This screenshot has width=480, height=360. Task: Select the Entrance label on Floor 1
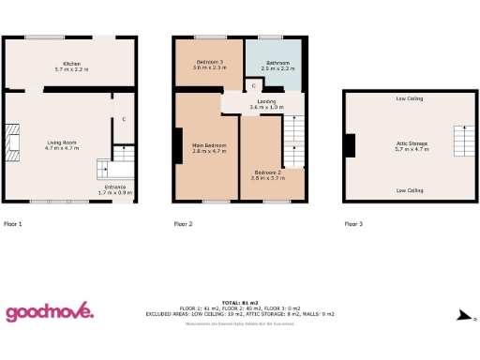click(115, 189)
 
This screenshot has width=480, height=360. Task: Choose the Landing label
click(265, 104)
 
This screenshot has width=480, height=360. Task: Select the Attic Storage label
click(412, 144)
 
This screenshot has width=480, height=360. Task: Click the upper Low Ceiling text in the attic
click(409, 98)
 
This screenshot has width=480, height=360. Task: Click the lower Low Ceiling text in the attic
click(409, 190)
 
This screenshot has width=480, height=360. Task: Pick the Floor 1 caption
click(13, 224)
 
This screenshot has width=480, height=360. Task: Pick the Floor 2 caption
click(183, 224)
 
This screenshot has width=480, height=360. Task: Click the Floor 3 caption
click(353, 224)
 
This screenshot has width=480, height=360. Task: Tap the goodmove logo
click(50, 312)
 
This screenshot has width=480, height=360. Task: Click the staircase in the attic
click(460, 140)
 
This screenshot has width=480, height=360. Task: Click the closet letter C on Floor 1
click(124, 119)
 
